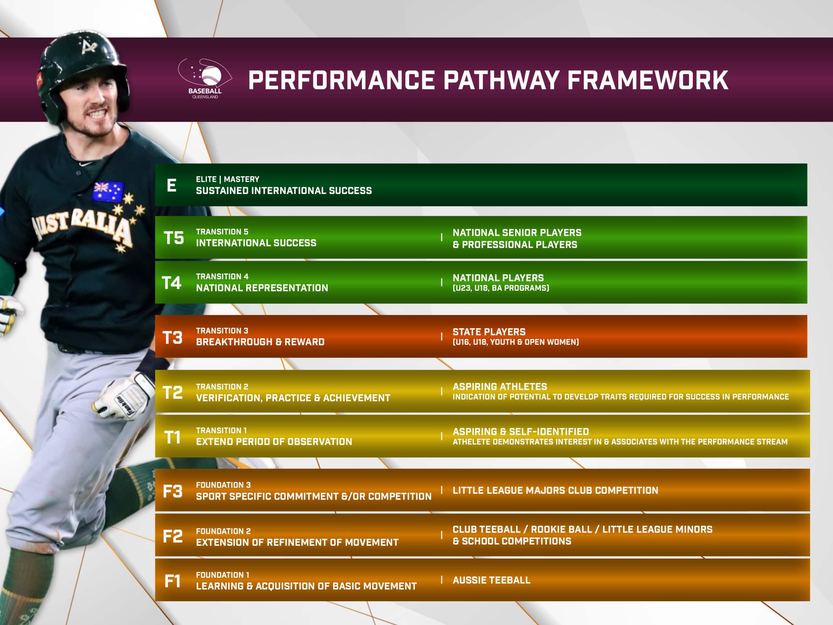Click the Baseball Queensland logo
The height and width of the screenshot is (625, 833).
(x=205, y=78)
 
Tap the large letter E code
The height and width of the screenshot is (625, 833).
(x=171, y=185)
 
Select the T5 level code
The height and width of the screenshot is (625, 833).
(x=174, y=238)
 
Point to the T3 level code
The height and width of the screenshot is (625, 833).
(x=172, y=337)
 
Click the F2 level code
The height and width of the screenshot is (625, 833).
(x=172, y=536)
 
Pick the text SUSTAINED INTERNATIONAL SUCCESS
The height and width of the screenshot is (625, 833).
(x=283, y=191)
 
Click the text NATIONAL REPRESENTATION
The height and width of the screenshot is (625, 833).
(x=262, y=288)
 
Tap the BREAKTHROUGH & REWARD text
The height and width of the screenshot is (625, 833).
(x=260, y=342)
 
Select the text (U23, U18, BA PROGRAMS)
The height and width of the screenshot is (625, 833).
(x=500, y=288)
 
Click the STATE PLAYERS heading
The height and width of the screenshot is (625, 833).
(x=488, y=332)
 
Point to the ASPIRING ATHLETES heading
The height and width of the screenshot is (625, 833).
(x=499, y=386)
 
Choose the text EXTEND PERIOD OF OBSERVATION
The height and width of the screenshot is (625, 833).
(x=274, y=441)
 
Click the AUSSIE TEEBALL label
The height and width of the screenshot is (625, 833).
(x=491, y=580)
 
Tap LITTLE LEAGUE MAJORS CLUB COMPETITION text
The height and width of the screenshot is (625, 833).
(x=555, y=490)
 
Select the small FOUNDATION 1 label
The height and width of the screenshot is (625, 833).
(x=222, y=575)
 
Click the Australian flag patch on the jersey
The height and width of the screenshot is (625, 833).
(x=108, y=191)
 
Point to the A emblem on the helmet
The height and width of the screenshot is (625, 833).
(x=89, y=48)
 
